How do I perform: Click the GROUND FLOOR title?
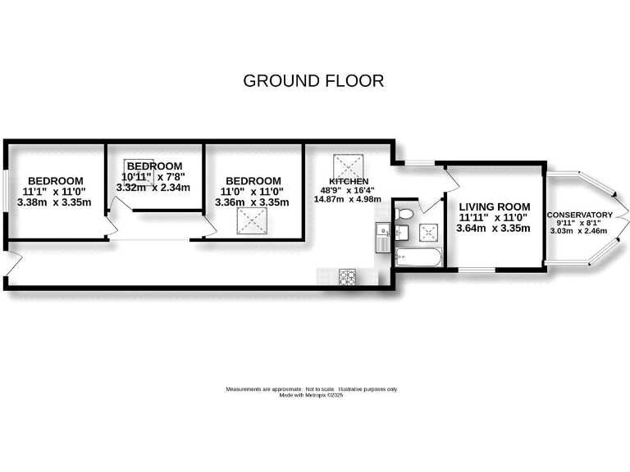(314, 80)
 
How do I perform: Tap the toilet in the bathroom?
(403, 215)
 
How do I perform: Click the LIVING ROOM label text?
(495, 206)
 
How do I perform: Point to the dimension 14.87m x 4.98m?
(349, 199)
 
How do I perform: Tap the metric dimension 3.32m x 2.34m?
(153, 188)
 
